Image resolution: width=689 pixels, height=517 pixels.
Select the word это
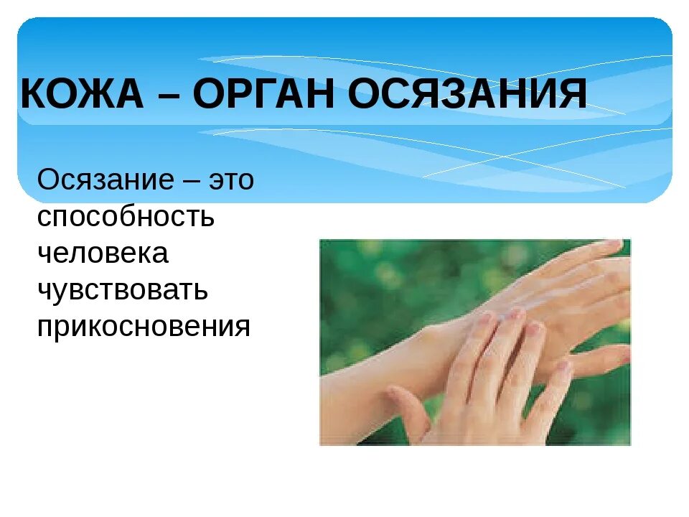pyautogui.click(x=231, y=180)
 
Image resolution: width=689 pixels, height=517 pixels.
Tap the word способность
pyautogui.click(x=126, y=217)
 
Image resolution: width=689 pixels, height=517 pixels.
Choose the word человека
pyautogui.click(x=103, y=253)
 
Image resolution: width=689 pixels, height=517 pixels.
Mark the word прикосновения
pyautogui.click(x=144, y=326)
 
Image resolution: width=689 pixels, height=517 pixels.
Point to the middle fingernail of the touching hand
pyautogui.click(x=515, y=314)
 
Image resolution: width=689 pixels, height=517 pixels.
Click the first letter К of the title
pyautogui.click(x=32, y=96)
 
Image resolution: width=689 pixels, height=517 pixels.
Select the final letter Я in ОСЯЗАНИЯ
pyautogui.click(x=573, y=96)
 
